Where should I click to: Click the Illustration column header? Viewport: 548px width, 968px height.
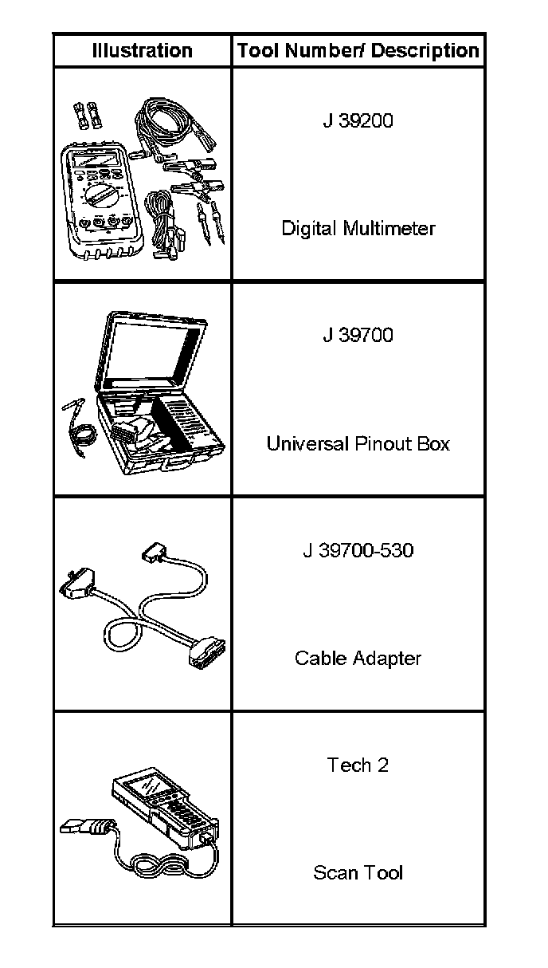(142, 51)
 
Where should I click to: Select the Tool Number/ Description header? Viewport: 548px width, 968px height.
(358, 51)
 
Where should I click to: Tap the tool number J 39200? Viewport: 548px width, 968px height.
(358, 121)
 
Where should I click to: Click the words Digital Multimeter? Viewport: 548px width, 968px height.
(358, 229)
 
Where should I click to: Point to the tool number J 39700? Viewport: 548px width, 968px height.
(358, 335)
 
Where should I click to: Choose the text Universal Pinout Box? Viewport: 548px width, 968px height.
(358, 443)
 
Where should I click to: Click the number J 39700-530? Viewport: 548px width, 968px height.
(358, 550)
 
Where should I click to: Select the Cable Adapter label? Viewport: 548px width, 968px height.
(358, 658)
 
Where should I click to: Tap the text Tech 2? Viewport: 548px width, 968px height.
(358, 765)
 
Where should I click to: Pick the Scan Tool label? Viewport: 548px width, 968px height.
(358, 872)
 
